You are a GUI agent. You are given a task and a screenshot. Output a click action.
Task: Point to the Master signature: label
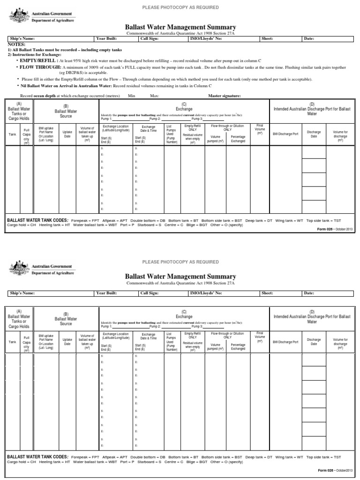(x=225, y=96)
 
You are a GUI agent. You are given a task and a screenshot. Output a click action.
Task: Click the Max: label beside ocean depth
(x=154, y=96)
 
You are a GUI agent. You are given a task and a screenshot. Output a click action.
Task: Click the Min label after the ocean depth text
(x=131, y=96)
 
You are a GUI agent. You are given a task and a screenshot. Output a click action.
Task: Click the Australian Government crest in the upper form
(x=18, y=16)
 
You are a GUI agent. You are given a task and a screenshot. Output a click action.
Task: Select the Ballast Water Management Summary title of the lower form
(x=180, y=277)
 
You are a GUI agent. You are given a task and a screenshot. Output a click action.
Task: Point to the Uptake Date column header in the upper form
(x=67, y=133)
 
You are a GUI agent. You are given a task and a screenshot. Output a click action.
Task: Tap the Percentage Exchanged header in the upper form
(x=238, y=138)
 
